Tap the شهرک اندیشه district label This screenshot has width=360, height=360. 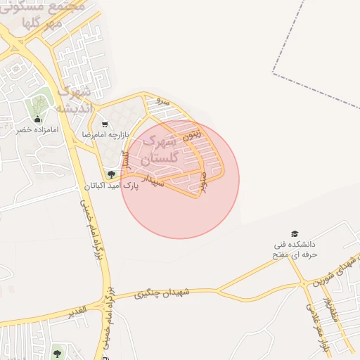coord(75,100)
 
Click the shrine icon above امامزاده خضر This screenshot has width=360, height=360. coord(37,119)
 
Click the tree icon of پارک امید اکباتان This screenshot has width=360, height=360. coord(111,174)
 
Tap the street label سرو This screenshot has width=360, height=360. coord(163,101)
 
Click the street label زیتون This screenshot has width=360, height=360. coord(191,133)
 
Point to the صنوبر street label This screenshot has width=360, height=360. coord(203,181)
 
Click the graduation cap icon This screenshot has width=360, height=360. coord(294,234)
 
